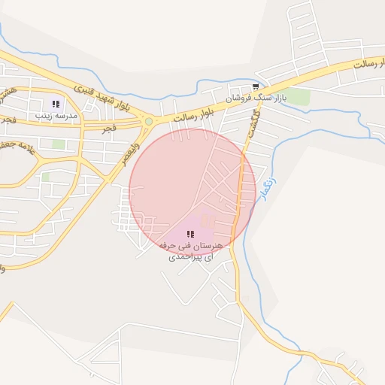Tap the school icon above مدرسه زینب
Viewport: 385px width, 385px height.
(x=55, y=104)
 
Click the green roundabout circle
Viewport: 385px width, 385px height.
(x=149, y=121)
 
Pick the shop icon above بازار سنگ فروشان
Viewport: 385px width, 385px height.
(x=257, y=86)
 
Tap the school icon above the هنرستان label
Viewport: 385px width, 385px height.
(x=189, y=235)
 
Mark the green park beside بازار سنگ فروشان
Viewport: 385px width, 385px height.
(x=298, y=96)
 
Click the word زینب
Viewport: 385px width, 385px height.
(x=43, y=117)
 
